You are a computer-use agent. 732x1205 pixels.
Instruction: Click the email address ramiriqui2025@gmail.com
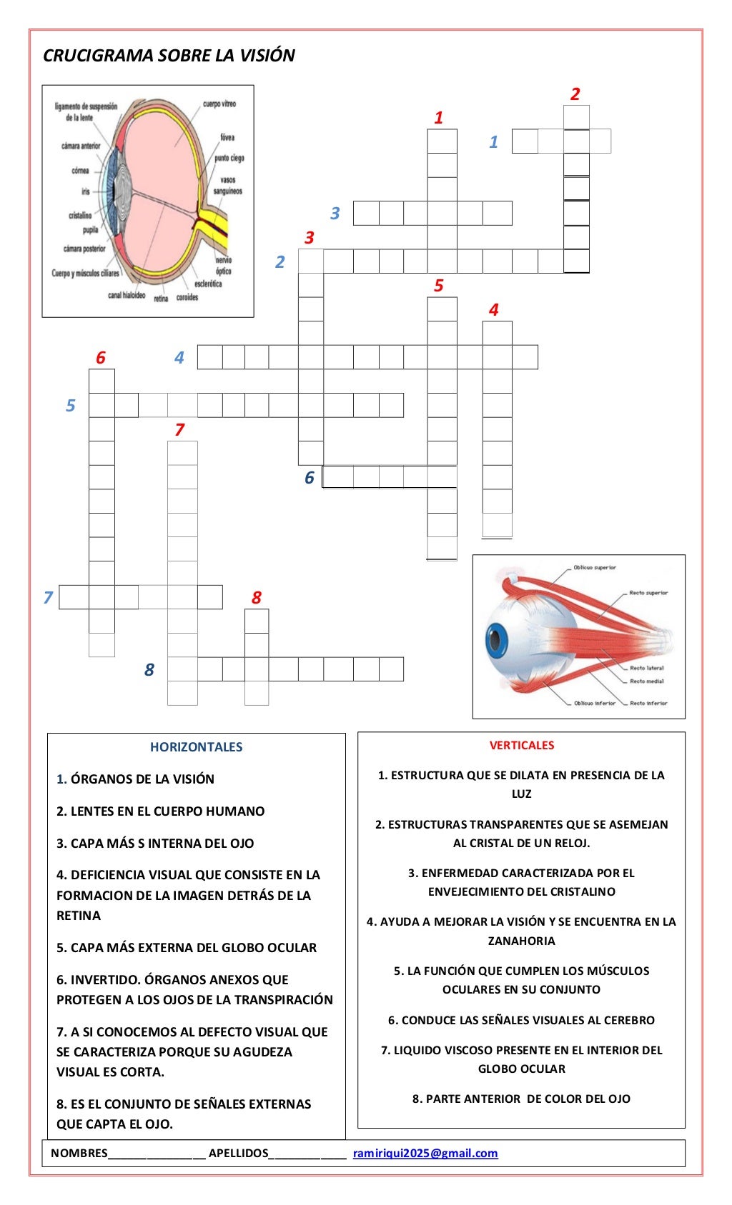pyautogui.click(x=425, y=1153)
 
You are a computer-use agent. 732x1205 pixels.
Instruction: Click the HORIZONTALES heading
pyautogui.click(x=196, y=746)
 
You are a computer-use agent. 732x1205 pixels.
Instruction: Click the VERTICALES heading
pyautogui.click(x=521, y=745)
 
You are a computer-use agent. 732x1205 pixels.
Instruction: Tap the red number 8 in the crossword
pyautogui.click(x=257, y=597)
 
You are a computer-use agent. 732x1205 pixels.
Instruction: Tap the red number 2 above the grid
pyautogui.click(x=575, y=94)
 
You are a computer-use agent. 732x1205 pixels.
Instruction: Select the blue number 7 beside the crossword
pyautogui.click(x=48, y=597)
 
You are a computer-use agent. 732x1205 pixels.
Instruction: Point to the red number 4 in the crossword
pyautogui.click(x=493, y=309)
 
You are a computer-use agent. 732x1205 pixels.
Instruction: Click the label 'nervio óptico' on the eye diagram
pyautogui.click(x=223, y=266)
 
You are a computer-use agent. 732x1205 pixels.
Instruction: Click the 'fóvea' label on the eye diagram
pyautogui.click(x=227, y=137)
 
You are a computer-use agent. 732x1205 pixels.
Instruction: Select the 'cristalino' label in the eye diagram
pyautogui.click(x=80, y=215)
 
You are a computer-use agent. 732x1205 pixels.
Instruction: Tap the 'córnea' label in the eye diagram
pyautogui.click(x=80, y=171)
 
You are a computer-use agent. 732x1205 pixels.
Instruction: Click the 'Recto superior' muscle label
pyautogui.click(x=648, y=593)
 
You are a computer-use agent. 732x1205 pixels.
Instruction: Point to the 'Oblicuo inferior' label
pyautogui.click(x=594, y=703)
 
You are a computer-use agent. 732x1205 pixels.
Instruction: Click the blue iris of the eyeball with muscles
pyautogui.click(x=495, y=640)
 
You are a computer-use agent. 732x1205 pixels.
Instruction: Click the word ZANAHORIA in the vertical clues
pyautogui.click(x=521, y=941)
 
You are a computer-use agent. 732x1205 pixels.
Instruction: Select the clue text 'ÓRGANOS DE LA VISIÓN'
pyautogui.click(x=142, y=779)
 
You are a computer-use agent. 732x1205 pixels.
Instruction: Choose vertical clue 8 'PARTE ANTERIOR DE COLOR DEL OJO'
pyautogui.click(x=521, y=1099)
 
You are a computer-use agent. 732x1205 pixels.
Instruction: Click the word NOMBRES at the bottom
pyautogui.click(x=79, y=1153)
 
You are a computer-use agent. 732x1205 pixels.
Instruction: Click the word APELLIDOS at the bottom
pyautogui.click(x=238, y=1153)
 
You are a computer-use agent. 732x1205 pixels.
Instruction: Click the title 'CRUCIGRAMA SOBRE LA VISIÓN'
pyautogui.click(x=169, y=56)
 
